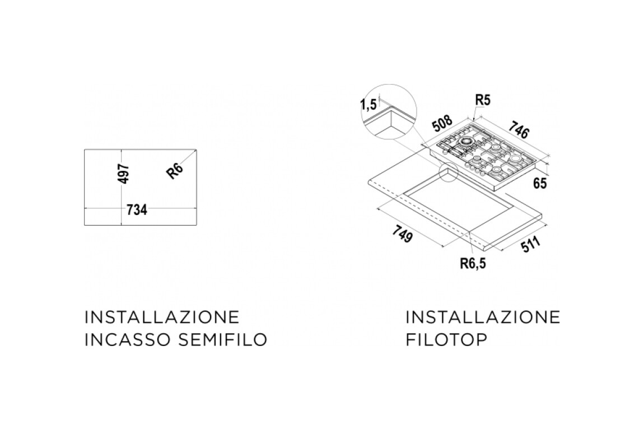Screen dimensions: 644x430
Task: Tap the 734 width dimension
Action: coord(137,210)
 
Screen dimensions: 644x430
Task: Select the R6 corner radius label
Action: coord(175,170)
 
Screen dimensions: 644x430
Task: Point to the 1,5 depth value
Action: coord(368,104)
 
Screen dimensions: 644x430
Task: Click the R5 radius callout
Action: coord(483,100)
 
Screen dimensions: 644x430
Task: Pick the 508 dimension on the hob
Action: coord(442,123)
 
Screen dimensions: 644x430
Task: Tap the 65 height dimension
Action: coord(540,183)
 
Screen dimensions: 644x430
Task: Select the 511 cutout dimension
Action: coord(531,245)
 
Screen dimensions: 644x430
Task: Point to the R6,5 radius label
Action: coord(473,263)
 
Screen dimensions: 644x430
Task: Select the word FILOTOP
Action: coord(446,340)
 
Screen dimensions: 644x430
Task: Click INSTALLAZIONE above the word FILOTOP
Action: coord(483,317)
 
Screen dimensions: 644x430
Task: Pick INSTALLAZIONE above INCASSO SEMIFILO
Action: coord(162,317)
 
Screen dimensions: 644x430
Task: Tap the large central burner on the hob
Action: coord(466,142)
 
